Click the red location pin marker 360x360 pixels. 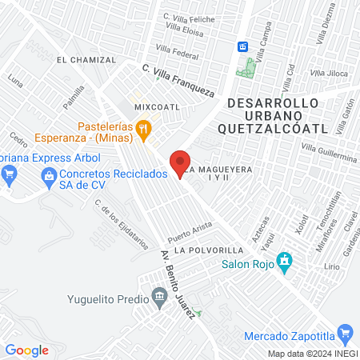[180, 164]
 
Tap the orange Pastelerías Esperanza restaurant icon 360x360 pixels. [143, 126]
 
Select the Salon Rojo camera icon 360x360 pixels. [284, 261]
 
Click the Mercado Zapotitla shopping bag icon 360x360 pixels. [345, 333]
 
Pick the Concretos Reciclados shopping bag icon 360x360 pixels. [48, 175]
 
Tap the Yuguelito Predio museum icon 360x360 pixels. [159, 298]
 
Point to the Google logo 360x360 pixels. [27, 350]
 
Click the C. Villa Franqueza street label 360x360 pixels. [178, 81]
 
